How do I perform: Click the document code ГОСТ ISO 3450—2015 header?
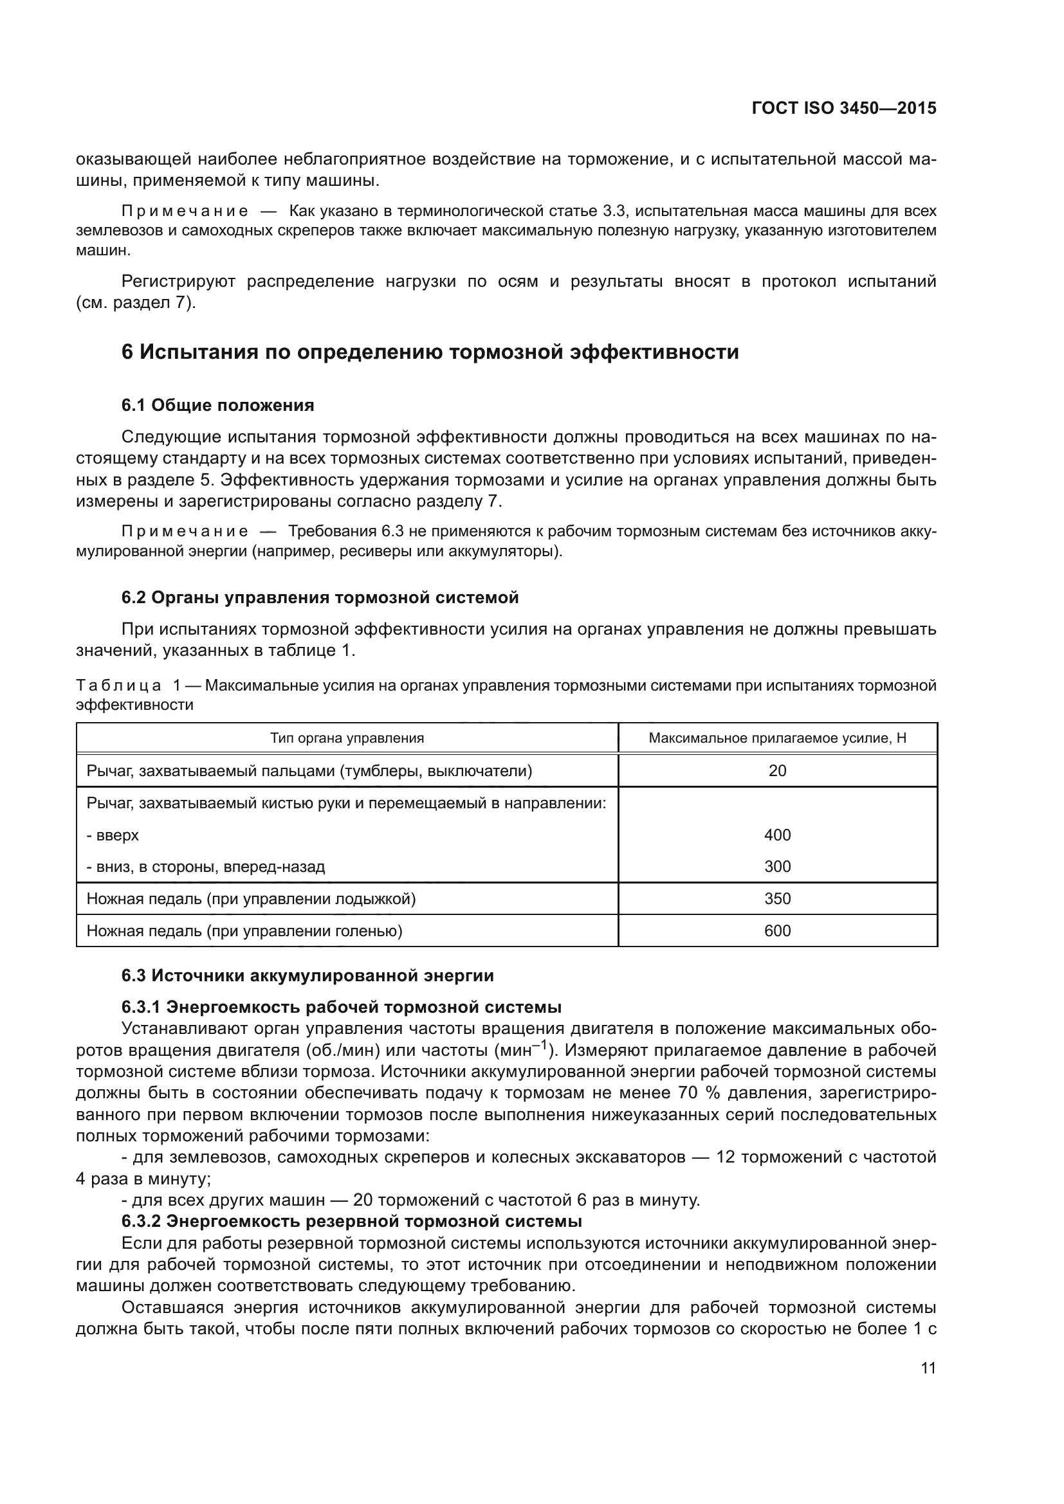[844, 108]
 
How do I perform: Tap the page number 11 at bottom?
[928, 1368]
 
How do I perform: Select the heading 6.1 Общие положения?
[217, 406]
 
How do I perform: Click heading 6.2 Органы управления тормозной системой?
[320, 597]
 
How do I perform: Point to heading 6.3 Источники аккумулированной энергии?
[307, 975]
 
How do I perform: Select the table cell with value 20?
[777, 770]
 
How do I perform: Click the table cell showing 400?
[777, 835]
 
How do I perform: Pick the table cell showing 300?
[777, 867]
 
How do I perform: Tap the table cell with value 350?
[777, 898]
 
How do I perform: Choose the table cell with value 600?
[777, 931]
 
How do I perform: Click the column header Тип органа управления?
[347, 738]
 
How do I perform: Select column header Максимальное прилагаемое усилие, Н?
[777, 738]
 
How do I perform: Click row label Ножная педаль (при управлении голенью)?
[244, 931]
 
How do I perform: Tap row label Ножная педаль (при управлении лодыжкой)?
[251, 898]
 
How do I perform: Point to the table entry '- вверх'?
[113, 835]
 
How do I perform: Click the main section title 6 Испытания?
[430, 352]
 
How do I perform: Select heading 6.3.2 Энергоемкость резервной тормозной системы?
[351, 1221]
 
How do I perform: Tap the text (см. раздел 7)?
[136, 304]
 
